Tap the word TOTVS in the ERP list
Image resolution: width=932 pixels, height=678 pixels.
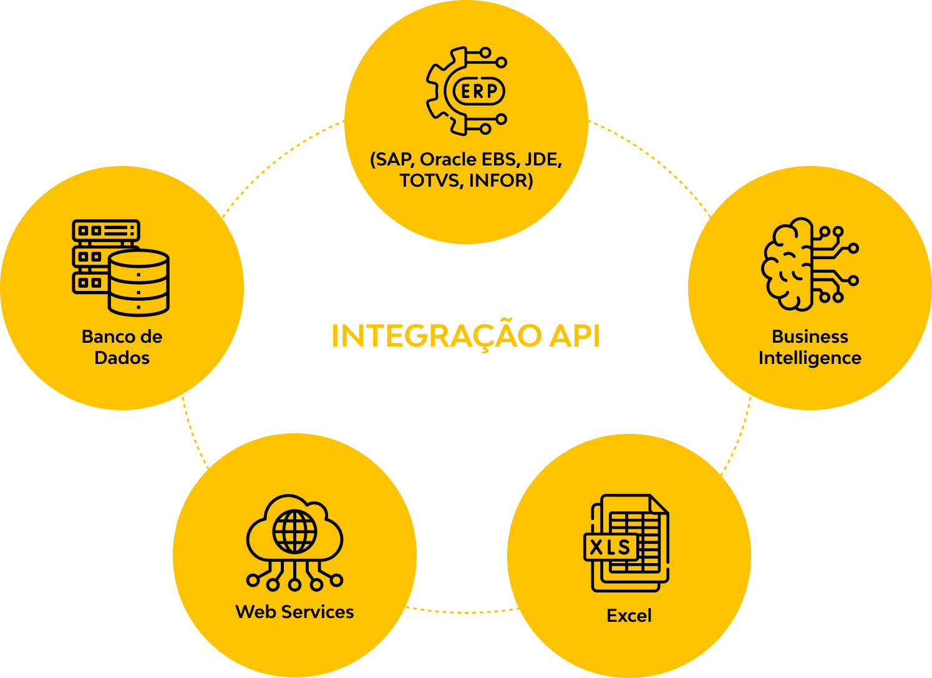pyautogui.click(x=431, y=180)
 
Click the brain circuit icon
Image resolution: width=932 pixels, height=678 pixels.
pyautogui.click(x=809, y=263)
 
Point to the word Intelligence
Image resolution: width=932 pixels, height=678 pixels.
pyautogui.click(x=810, y=358)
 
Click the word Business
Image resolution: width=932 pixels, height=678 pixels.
pyautogui.click(x=810, y=337)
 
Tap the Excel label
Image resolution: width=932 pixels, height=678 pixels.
pyautogui.click(x=629, y=616)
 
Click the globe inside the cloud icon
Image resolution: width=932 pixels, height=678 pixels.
pyautogui.click(x=294, y=531)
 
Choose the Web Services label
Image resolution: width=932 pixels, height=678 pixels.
pyautogui.click(x=294, y=612)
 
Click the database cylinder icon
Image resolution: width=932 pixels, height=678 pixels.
pyautogui.click(x=138, y=282)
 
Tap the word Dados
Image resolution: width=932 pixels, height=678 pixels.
pyautogui.click(x=122, y=358)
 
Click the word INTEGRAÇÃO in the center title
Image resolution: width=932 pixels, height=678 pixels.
pyautogui.click(x=436, y=336)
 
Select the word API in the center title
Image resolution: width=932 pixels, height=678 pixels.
pyautogui.click(x=575, y=336)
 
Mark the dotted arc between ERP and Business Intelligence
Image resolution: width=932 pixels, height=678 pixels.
pyautogui.click(x=655, y=159)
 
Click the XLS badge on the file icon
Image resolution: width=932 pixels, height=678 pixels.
pyautogui.click(x=611, y=548)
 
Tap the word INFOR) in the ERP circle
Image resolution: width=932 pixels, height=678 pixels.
pyautogui.click(x=501, y=180)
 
